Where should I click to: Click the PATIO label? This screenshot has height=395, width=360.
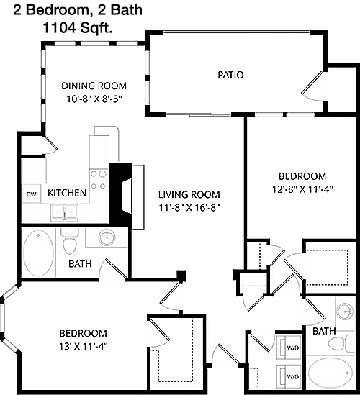coord(230,75)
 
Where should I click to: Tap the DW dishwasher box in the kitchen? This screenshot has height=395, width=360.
coord(32,194)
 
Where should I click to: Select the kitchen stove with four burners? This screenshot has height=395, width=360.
coord(99,180)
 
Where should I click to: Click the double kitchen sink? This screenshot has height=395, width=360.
coord(65,213)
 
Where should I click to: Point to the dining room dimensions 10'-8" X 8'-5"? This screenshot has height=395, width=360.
coord(94,99)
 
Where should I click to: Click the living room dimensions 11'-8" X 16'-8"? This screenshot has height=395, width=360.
coord(189,208)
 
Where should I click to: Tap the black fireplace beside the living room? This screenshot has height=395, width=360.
coord(121,194)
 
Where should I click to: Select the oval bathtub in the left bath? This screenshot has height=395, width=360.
coord(38,253)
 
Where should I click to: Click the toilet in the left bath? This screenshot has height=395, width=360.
coord(70,242)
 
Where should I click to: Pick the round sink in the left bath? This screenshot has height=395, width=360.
coord(107,237)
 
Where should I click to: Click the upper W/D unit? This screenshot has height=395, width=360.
coord(289,348)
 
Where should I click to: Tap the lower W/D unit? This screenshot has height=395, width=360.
coord(289,376)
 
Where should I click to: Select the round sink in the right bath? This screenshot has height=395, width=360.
coord(346,312)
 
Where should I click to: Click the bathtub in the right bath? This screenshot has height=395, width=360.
coord(330,373)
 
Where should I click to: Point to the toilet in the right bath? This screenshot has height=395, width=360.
coord(341,344)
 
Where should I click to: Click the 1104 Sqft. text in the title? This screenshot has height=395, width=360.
coord(78,28)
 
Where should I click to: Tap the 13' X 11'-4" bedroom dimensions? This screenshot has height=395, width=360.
coord(84,347)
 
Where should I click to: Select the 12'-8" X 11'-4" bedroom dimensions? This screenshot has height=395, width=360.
coord(302,189)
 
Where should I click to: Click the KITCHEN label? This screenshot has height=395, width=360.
coord(67,193)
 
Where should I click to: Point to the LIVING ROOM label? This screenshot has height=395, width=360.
coord(189,194)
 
